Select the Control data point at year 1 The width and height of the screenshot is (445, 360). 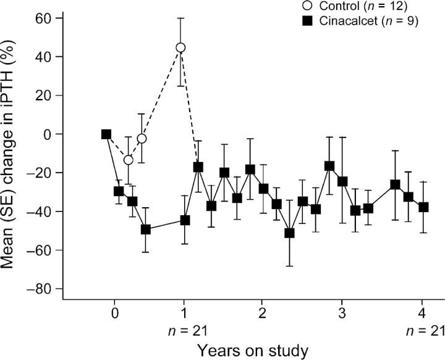[x=180, y=48]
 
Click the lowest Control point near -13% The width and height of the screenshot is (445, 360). [x=128, y=160]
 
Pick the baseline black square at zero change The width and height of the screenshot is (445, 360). [x=106, y=134]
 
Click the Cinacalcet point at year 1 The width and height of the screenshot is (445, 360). [x=185, y=220]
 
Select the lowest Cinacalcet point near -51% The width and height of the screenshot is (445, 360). [x=289, y=233]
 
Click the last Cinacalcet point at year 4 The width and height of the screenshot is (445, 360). [x=423, y=207]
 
